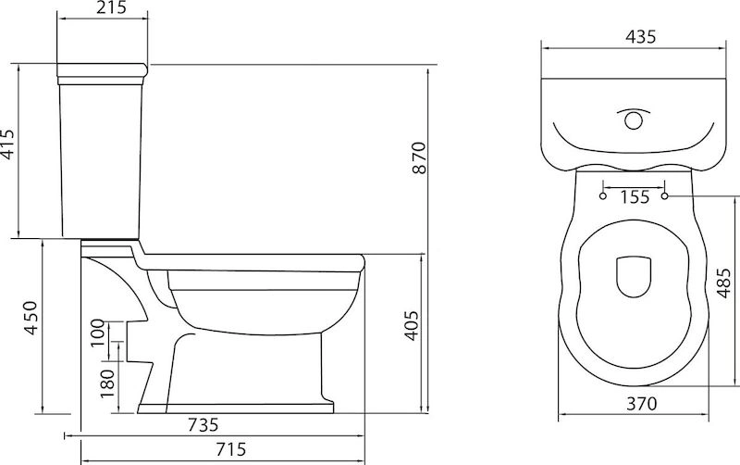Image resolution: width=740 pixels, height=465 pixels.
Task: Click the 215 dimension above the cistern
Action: [111, 7]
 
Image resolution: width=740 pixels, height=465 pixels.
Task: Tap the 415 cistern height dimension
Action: [8, 145]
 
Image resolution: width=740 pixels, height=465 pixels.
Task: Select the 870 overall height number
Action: [419, 157]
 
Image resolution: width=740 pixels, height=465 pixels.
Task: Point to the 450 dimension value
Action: [31, 318]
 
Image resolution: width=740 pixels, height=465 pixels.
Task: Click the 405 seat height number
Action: [412, 326]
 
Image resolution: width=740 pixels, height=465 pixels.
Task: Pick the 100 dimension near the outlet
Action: [97, 333]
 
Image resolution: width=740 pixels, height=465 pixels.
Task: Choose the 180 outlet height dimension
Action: [107, 383]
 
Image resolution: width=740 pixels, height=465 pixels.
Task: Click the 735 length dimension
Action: [203, 424]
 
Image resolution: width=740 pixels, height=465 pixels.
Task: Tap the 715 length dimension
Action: [230, 448]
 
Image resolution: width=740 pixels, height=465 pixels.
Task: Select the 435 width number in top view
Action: [640, 36]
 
